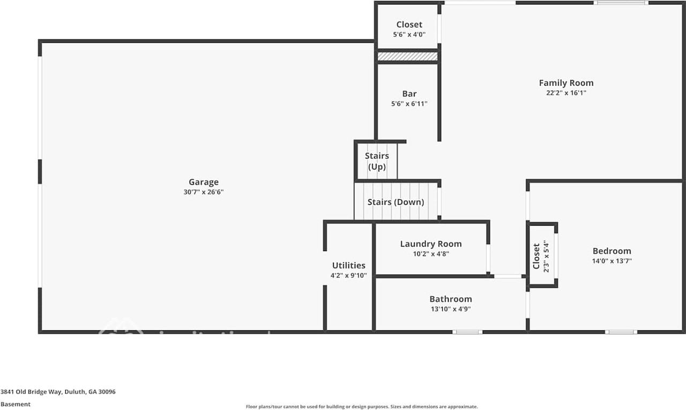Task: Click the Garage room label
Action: click(203, 182)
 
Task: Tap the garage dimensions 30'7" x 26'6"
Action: click(203, 192)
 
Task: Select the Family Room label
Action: click(566, 83)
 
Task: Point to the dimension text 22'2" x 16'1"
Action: click(566, 93)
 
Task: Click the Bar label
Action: click(409, 94)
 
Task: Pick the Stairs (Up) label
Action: click(377, 161)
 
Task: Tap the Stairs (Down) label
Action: click(396, 202)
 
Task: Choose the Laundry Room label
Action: click(430, 244)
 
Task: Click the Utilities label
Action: click(348, 265)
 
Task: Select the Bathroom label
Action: click(450, 299)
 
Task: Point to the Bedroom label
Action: click(612, 251)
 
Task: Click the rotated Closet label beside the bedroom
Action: click(536, 256)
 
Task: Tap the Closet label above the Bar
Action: click(409, 25)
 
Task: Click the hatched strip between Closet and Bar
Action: click(408, 56)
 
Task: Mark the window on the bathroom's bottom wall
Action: click(467, 332)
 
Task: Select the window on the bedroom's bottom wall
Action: click(621, 332)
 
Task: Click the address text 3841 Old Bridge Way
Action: click(58, 392)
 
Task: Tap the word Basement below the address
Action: click(16, 404)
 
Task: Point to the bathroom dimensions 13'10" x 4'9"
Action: click(450, 309)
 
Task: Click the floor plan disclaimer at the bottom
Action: click(362, 407)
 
